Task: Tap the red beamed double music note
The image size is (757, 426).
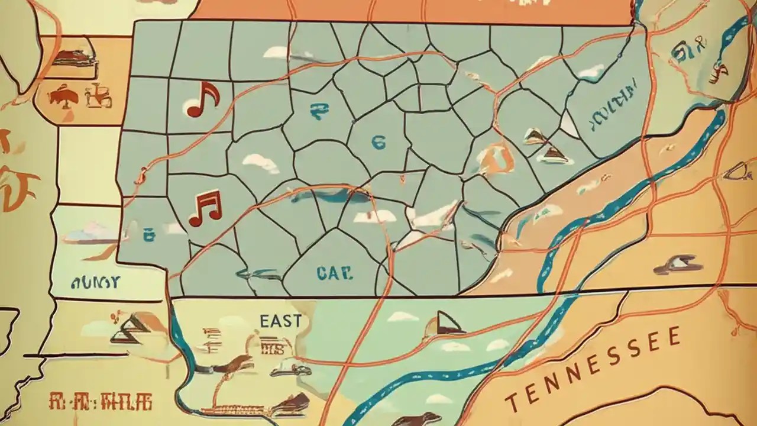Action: coord(205,208)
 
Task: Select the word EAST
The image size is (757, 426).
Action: coord(280,321)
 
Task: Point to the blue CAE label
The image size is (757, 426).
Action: coord(334,273)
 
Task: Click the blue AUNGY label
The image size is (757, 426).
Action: coord(95,282)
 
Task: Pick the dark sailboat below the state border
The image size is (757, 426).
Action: coord(447,323)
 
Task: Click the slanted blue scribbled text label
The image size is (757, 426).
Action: coord(615,105)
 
